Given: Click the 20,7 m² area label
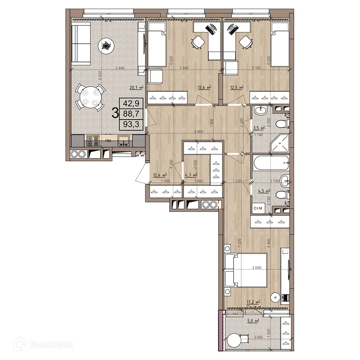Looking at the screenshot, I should click(x=136, y=87).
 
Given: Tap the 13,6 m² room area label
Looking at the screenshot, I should click(x=204, y=87).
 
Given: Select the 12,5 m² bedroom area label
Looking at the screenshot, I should click(x=237, y=87).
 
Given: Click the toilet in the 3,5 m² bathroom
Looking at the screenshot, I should click(x=282, y=125).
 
